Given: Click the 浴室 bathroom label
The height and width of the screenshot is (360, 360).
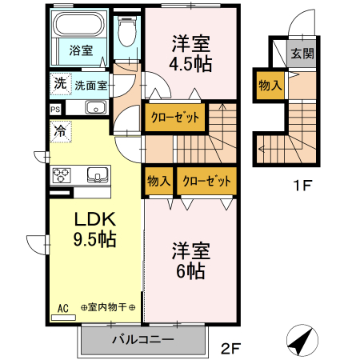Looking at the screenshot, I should tap(80, 50).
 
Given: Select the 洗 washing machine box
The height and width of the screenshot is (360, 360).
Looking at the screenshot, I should tap(61, 83).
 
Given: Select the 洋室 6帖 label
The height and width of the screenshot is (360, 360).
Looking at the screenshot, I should tap(189, 260).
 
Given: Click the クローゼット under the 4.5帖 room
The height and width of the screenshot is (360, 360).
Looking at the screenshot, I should tap(175, 117).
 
